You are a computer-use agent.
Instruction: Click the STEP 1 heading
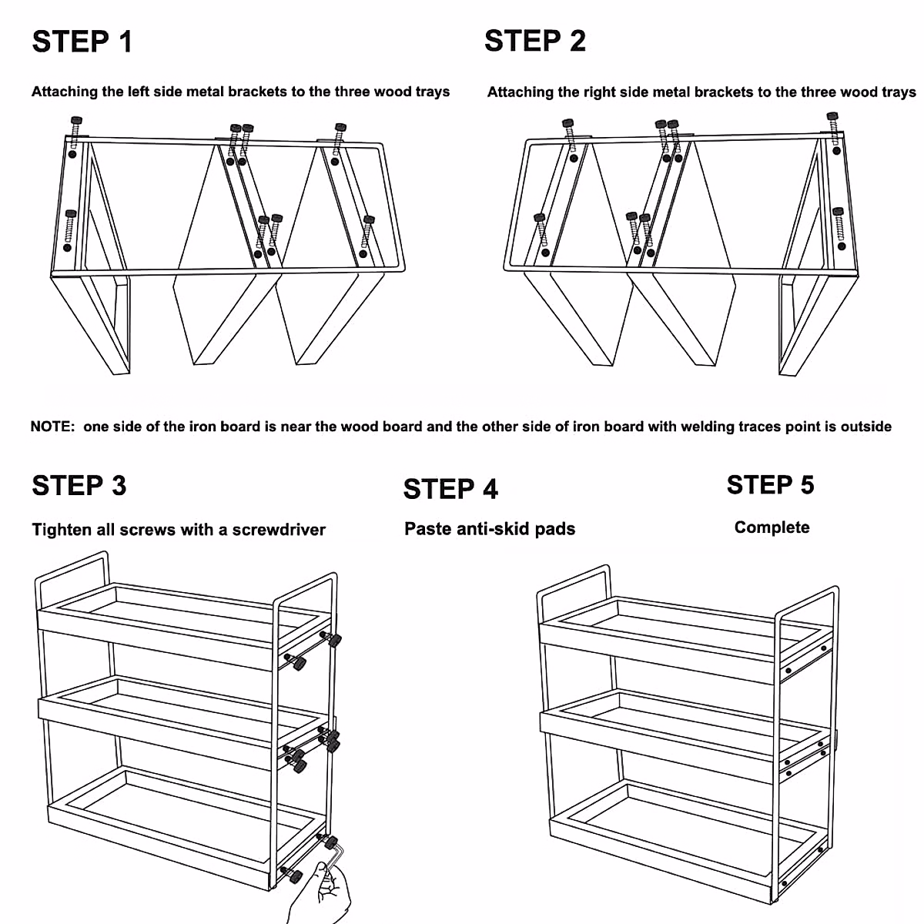click(82, 42)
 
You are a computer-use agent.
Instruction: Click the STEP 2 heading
click(534, 41)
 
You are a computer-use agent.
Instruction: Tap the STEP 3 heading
click(79, 486)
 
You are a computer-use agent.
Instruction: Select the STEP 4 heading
click(450, 489)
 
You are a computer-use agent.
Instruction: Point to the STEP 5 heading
click(770, 485)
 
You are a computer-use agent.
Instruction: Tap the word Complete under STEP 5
click(772, 527)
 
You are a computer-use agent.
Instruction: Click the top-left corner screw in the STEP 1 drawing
click(75, 123)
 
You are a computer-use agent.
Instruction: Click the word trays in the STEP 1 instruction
click(433, 92)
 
